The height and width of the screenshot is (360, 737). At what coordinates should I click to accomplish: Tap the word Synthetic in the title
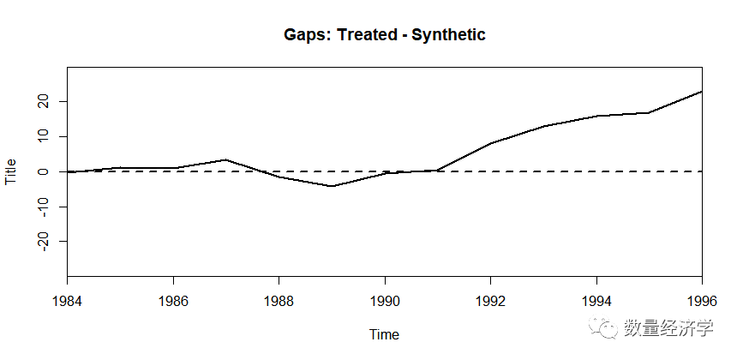point(448,35)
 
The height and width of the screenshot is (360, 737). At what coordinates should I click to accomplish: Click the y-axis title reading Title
point(10,171)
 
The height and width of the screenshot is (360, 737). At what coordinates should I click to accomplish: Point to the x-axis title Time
point(384,334)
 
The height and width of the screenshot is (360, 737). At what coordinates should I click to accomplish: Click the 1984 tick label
point(67,301)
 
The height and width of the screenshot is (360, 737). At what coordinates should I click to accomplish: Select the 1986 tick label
point(173,301)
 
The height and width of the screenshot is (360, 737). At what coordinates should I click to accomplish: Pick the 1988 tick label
point(279,301)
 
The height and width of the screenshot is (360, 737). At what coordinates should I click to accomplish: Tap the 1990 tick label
point(385,301)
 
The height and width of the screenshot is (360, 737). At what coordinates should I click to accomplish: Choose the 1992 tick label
point(491,301)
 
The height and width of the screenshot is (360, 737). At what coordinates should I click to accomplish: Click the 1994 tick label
point(596,301)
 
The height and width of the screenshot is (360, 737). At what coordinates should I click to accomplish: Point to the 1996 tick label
point(702,301)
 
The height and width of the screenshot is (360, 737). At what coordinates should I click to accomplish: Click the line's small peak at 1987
point(226,159)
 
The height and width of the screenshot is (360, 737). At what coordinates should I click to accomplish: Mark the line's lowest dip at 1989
point(332,186)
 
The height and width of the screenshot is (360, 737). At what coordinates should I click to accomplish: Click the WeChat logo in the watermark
point(603,327)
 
